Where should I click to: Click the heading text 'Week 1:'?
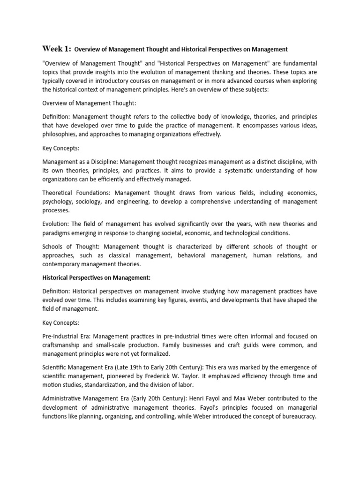point(57,48)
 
